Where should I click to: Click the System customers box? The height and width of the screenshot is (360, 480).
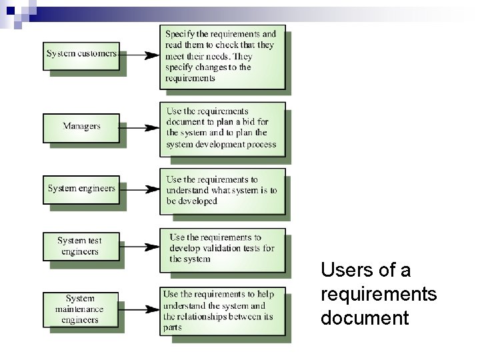point(81,54)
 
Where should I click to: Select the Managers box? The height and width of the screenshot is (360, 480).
point(81,127)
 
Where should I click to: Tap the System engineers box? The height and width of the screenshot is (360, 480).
point(81,189)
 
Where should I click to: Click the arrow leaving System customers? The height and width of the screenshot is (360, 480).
point(139,55)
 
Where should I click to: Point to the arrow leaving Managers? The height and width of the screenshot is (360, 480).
point(139,127)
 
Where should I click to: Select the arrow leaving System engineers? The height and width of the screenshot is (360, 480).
point(139,190)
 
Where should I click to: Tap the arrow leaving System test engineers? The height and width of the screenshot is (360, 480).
point(139,247)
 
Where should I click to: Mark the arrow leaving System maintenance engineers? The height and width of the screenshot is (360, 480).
point(139,310)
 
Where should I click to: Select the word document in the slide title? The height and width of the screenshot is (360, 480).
point(364,318)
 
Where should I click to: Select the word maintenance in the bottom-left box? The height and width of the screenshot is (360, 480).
point(80,309)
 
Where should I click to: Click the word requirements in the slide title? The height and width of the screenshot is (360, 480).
point(379,294)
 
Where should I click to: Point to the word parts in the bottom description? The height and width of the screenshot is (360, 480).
point(173,328)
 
